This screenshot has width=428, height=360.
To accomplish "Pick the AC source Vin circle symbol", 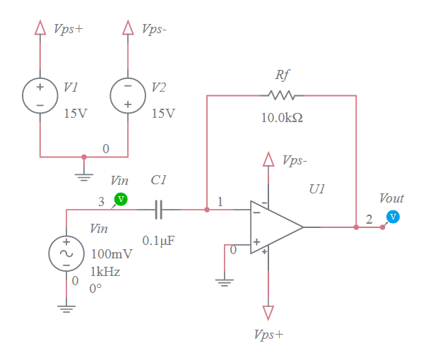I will click(66, 253).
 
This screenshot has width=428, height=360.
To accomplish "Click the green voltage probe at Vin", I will click(121, 199).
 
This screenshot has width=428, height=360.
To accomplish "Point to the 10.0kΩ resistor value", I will click(282, 117).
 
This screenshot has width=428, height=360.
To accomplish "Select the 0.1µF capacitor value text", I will click(158, 241).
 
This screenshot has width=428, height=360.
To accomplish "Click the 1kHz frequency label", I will click(105, 272).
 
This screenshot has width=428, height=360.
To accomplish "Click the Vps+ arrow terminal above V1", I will click(40, 28).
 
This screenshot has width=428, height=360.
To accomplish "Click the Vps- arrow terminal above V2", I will click(128, 28).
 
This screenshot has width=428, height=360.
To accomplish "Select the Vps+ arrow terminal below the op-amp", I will click(268, 311).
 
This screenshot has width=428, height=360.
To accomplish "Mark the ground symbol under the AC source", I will click(66, 306).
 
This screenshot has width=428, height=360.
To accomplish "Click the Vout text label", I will click(392, 198).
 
